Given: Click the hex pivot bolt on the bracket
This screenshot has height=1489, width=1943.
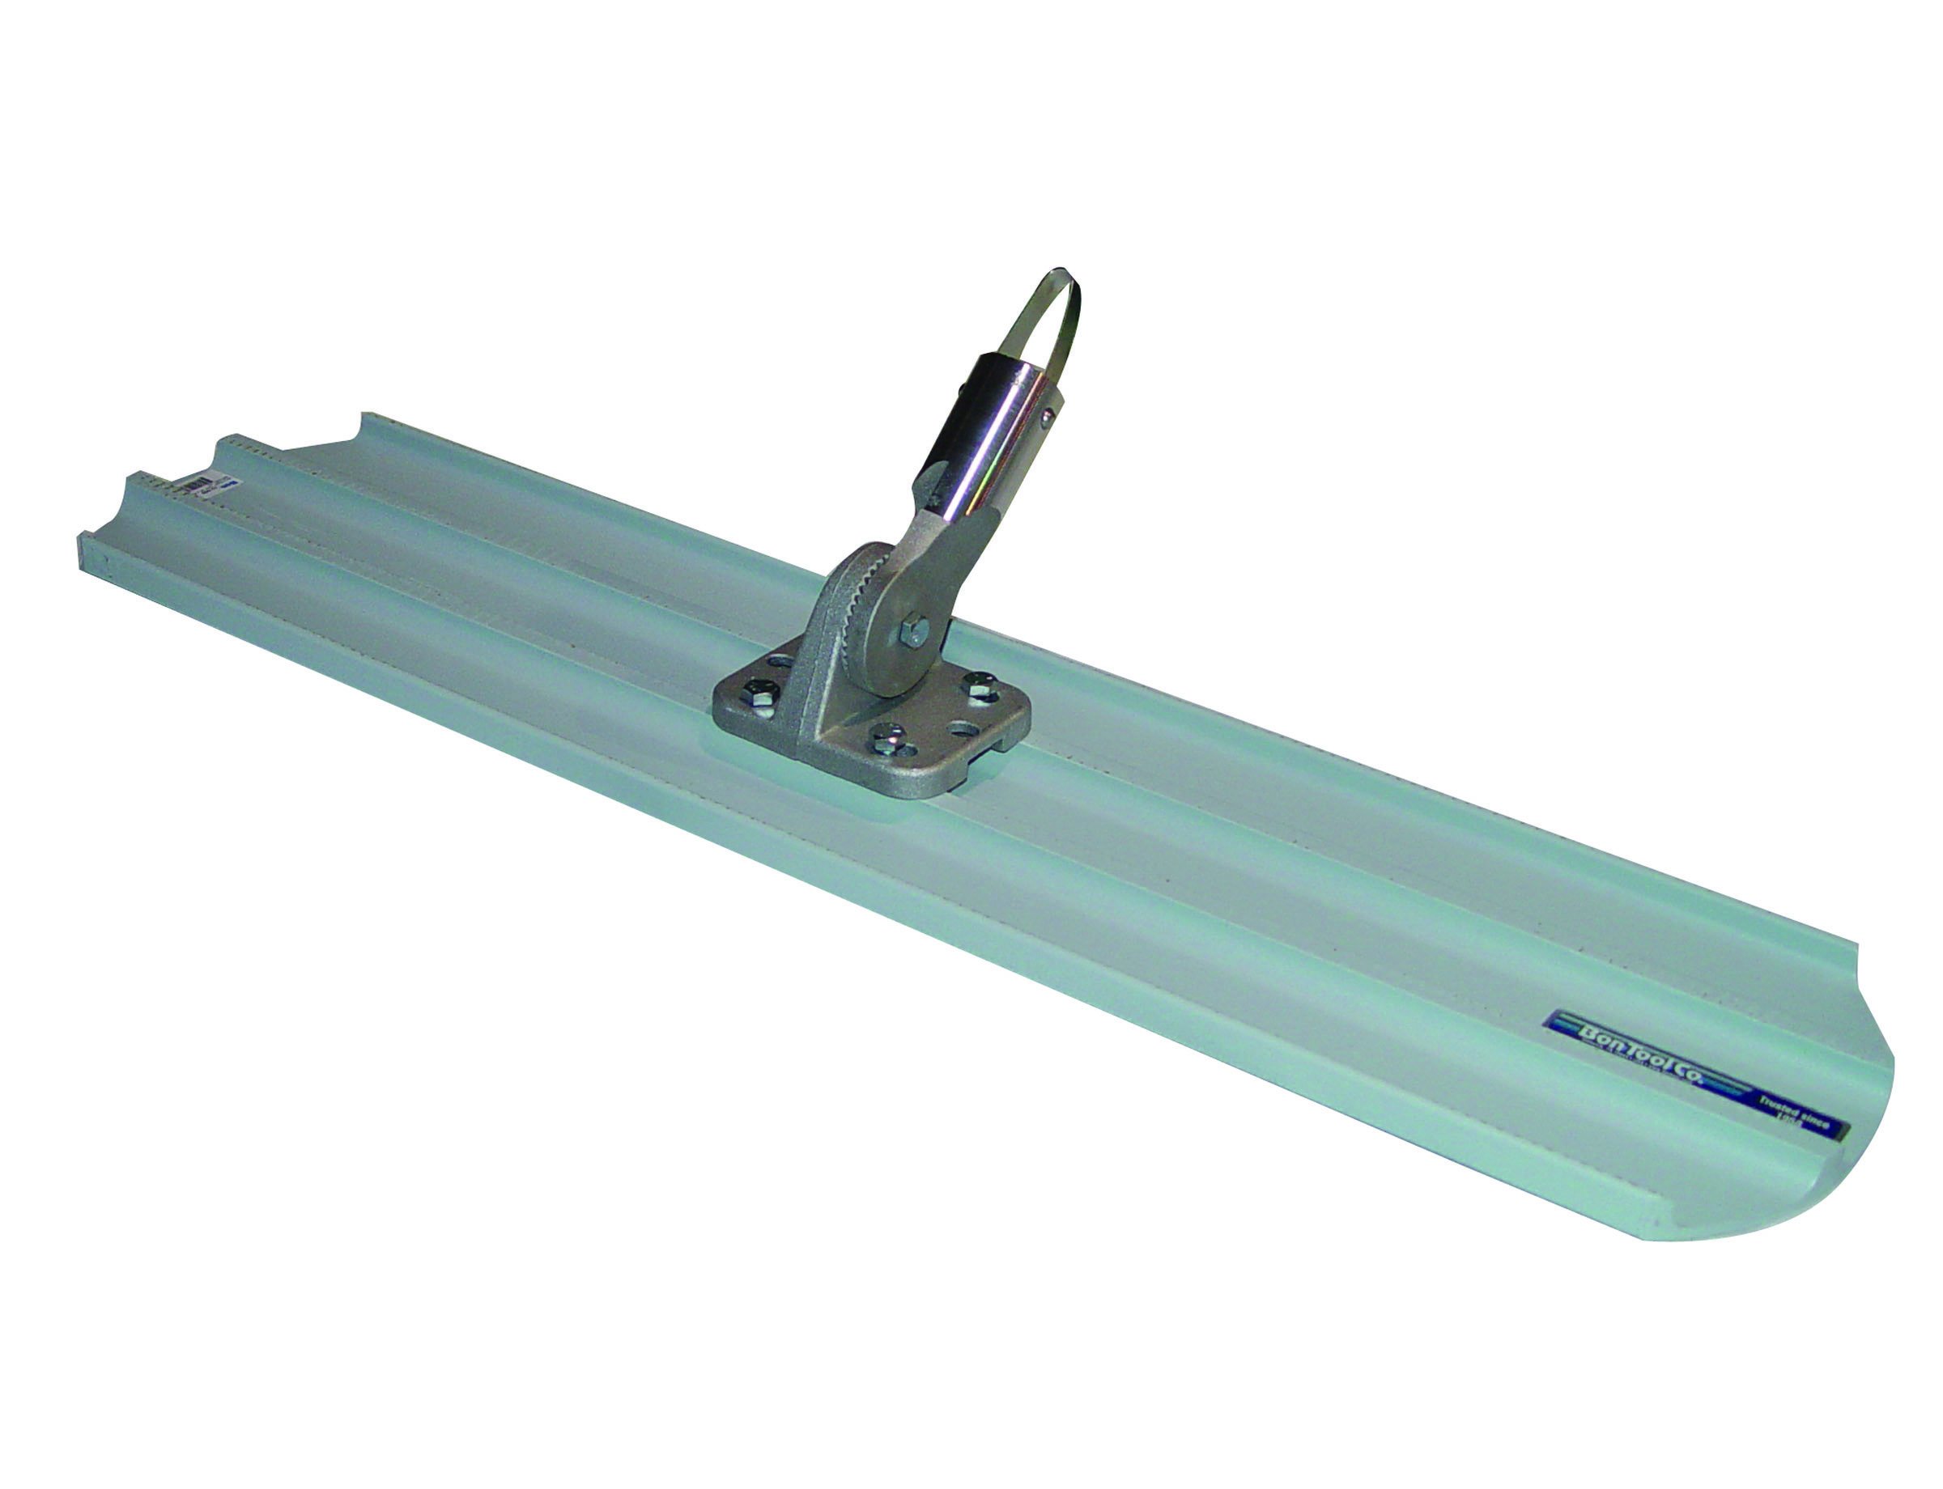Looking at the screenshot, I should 915,630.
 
